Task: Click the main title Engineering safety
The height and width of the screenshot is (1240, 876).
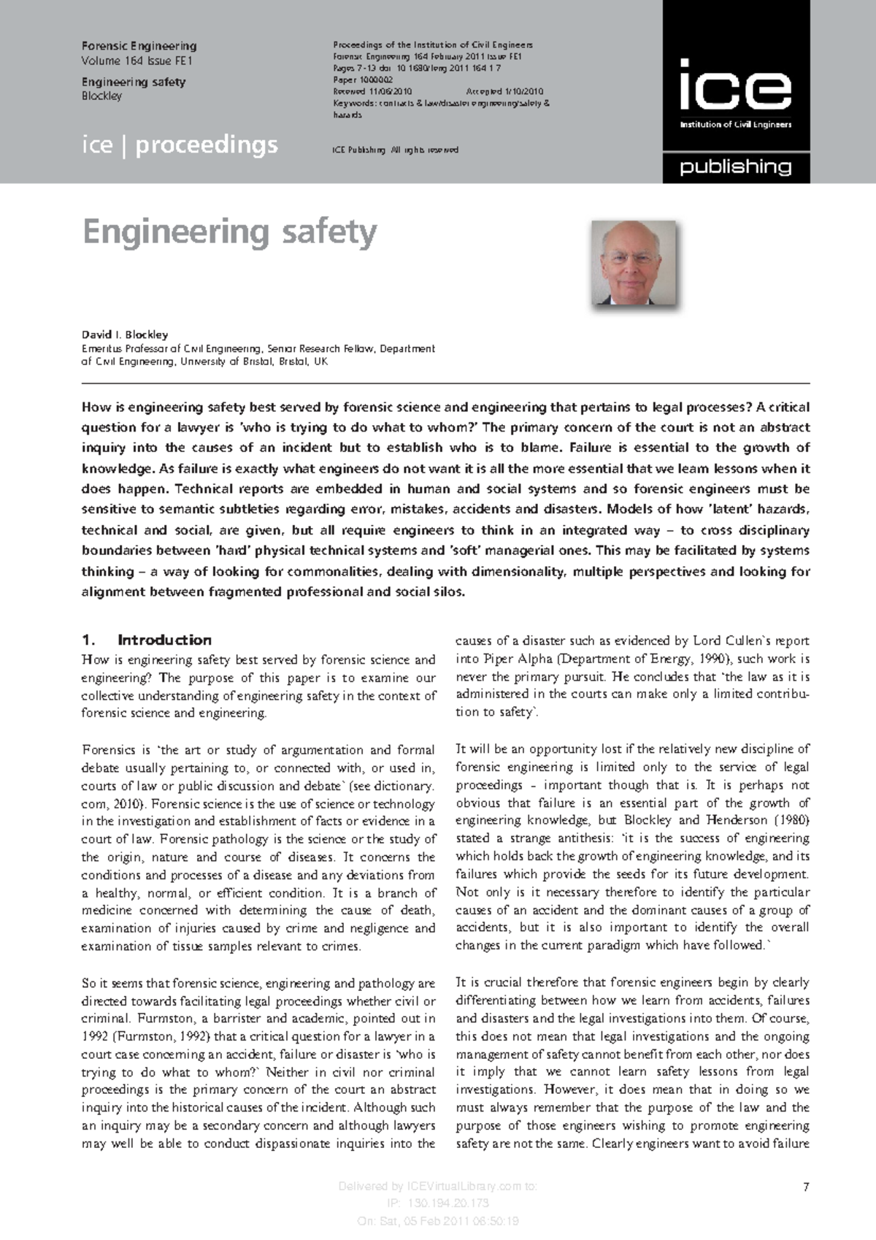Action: tap(229, 232)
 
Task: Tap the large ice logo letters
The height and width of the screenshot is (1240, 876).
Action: tap(735, 85)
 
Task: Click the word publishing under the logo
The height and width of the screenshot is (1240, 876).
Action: tap(735, 167)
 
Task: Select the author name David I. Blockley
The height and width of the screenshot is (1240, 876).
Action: tap(125, 334)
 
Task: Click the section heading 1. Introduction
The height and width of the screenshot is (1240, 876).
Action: tap(147, 640)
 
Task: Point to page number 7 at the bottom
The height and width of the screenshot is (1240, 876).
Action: tap(806, 1187)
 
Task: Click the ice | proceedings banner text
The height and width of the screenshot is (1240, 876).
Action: tap(180, 145)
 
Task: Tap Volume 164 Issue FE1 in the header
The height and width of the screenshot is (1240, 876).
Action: tap(137, 61)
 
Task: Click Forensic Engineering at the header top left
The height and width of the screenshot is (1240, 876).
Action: tap(139, 46)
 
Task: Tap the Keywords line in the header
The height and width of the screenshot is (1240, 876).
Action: tap(441, 103)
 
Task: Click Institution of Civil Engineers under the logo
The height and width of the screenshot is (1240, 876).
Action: tap(735, 125)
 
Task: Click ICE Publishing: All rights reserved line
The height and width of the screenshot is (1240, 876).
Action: tap(395, 150)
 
